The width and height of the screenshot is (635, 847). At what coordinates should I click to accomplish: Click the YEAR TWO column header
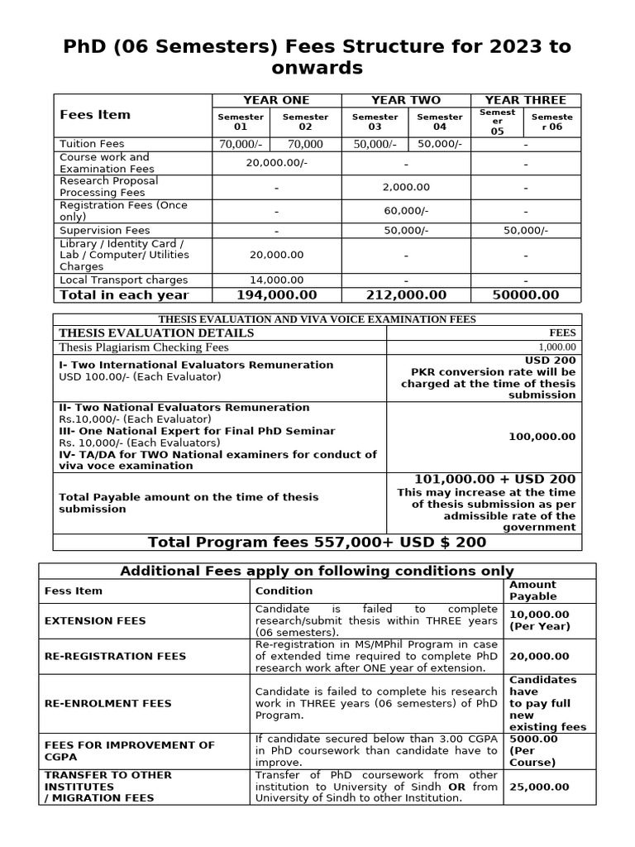pos(406,100)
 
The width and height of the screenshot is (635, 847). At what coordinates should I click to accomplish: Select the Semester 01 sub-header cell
pos(241,122)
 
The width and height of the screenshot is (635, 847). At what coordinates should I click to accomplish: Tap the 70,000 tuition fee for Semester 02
pos(306,144)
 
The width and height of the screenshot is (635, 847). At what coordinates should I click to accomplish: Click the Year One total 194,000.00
pos(276,295)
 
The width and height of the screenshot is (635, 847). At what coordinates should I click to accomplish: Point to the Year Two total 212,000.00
pos(406,295)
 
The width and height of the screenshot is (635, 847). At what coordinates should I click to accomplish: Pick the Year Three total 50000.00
pos(526,295)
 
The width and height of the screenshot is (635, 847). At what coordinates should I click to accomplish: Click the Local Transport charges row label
pos(124,280)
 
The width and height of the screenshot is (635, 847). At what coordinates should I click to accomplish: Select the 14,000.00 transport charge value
pos(276,280)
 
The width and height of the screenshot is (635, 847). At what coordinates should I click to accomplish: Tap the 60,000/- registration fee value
pos(406,211)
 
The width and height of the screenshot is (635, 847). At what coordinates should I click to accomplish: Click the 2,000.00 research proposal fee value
pos(406,188)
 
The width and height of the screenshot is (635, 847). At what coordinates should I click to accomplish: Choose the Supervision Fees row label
pos(105,231)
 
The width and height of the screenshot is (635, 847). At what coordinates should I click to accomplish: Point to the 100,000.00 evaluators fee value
pos(542,437)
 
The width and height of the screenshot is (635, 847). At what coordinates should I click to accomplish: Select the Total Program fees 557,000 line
pos(317,543)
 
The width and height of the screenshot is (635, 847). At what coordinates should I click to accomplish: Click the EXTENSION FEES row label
pos(95,620)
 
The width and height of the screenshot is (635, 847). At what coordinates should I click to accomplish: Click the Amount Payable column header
pos(533,591)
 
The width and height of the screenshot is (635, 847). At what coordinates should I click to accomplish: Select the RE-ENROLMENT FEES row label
pos(107,703)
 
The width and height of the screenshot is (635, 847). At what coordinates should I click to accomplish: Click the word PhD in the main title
pos(88,46)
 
